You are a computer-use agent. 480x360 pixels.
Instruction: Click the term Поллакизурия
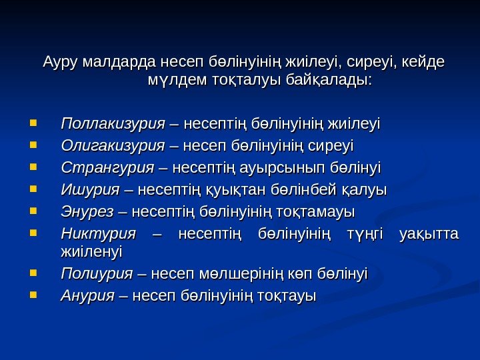pyautogui.click(x=112, y=123)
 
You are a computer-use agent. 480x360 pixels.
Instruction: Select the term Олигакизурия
pyautogui.click(x=112, y=145)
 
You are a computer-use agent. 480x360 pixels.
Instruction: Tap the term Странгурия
pyautogui.click(x=107, y=167)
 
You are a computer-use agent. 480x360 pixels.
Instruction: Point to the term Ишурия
pyautogui.click(x=88, y=189)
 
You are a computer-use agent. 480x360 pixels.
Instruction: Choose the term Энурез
pyautogui.click(x=87, y=212)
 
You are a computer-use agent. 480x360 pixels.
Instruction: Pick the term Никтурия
pyautogui.click(x=97, y=234)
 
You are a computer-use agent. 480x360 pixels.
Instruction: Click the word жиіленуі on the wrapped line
pyautogui.click(x=91, y=252)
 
